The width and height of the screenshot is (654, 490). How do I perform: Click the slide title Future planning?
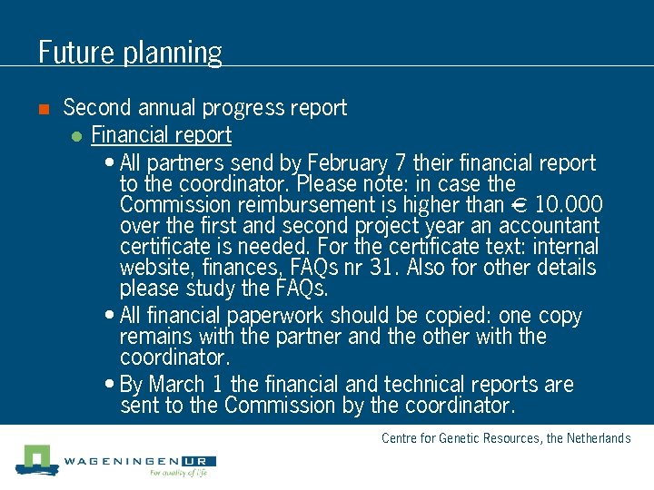[130, 52]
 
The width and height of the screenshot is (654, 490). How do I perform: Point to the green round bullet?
[76, 137]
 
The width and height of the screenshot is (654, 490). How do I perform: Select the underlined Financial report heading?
[161, 135]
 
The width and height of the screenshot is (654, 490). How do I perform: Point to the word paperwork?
[273, 316]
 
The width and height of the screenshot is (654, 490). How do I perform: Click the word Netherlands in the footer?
[599, 438]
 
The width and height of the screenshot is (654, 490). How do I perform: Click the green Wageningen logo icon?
[36, 458]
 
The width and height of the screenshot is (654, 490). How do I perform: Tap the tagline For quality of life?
[178, 473]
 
